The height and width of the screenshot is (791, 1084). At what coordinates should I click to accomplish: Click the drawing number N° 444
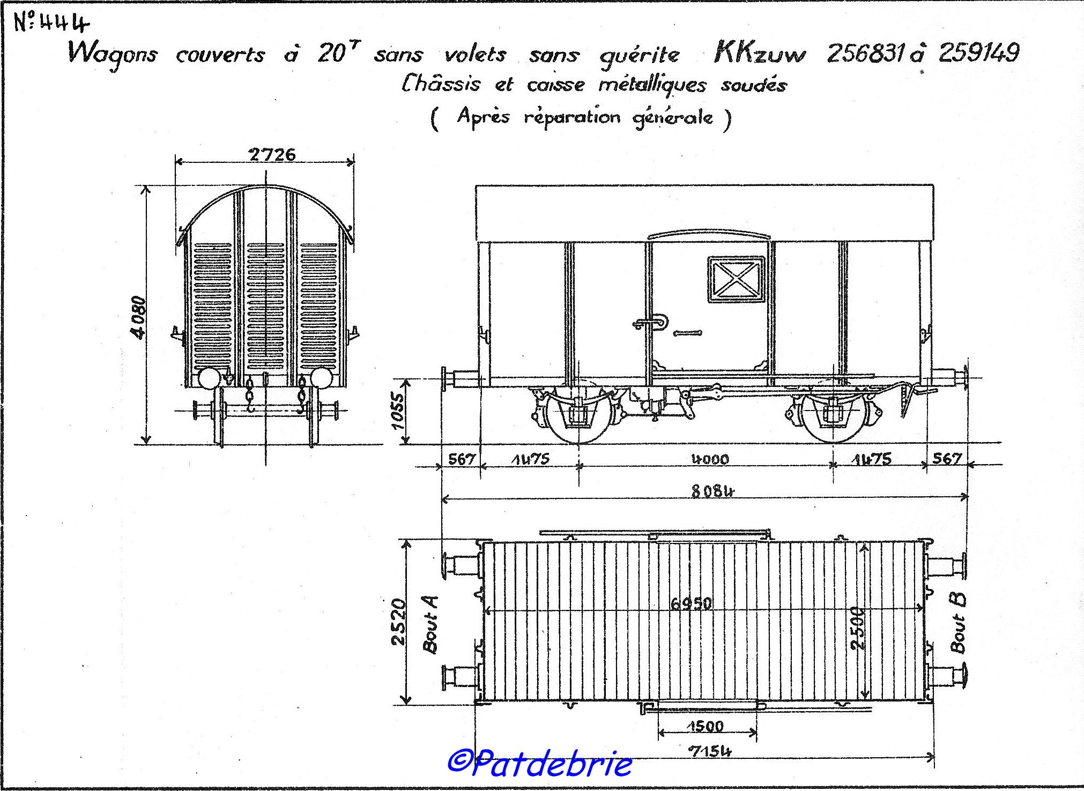point(51,24)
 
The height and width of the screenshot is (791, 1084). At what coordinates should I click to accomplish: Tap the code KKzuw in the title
point(760,54)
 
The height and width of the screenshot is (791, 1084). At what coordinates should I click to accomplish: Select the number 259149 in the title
point(978,53)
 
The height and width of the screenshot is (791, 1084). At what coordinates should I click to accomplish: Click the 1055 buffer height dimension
point(398,411)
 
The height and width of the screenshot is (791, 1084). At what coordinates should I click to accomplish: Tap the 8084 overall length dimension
point(712,490)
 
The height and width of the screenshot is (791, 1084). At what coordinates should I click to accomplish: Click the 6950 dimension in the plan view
point(691,603)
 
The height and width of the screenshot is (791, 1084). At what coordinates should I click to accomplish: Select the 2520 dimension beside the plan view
point(399,622)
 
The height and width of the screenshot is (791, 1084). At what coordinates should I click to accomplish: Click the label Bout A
point(430,624)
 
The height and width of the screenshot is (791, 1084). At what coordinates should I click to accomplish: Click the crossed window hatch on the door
point(736,278)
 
